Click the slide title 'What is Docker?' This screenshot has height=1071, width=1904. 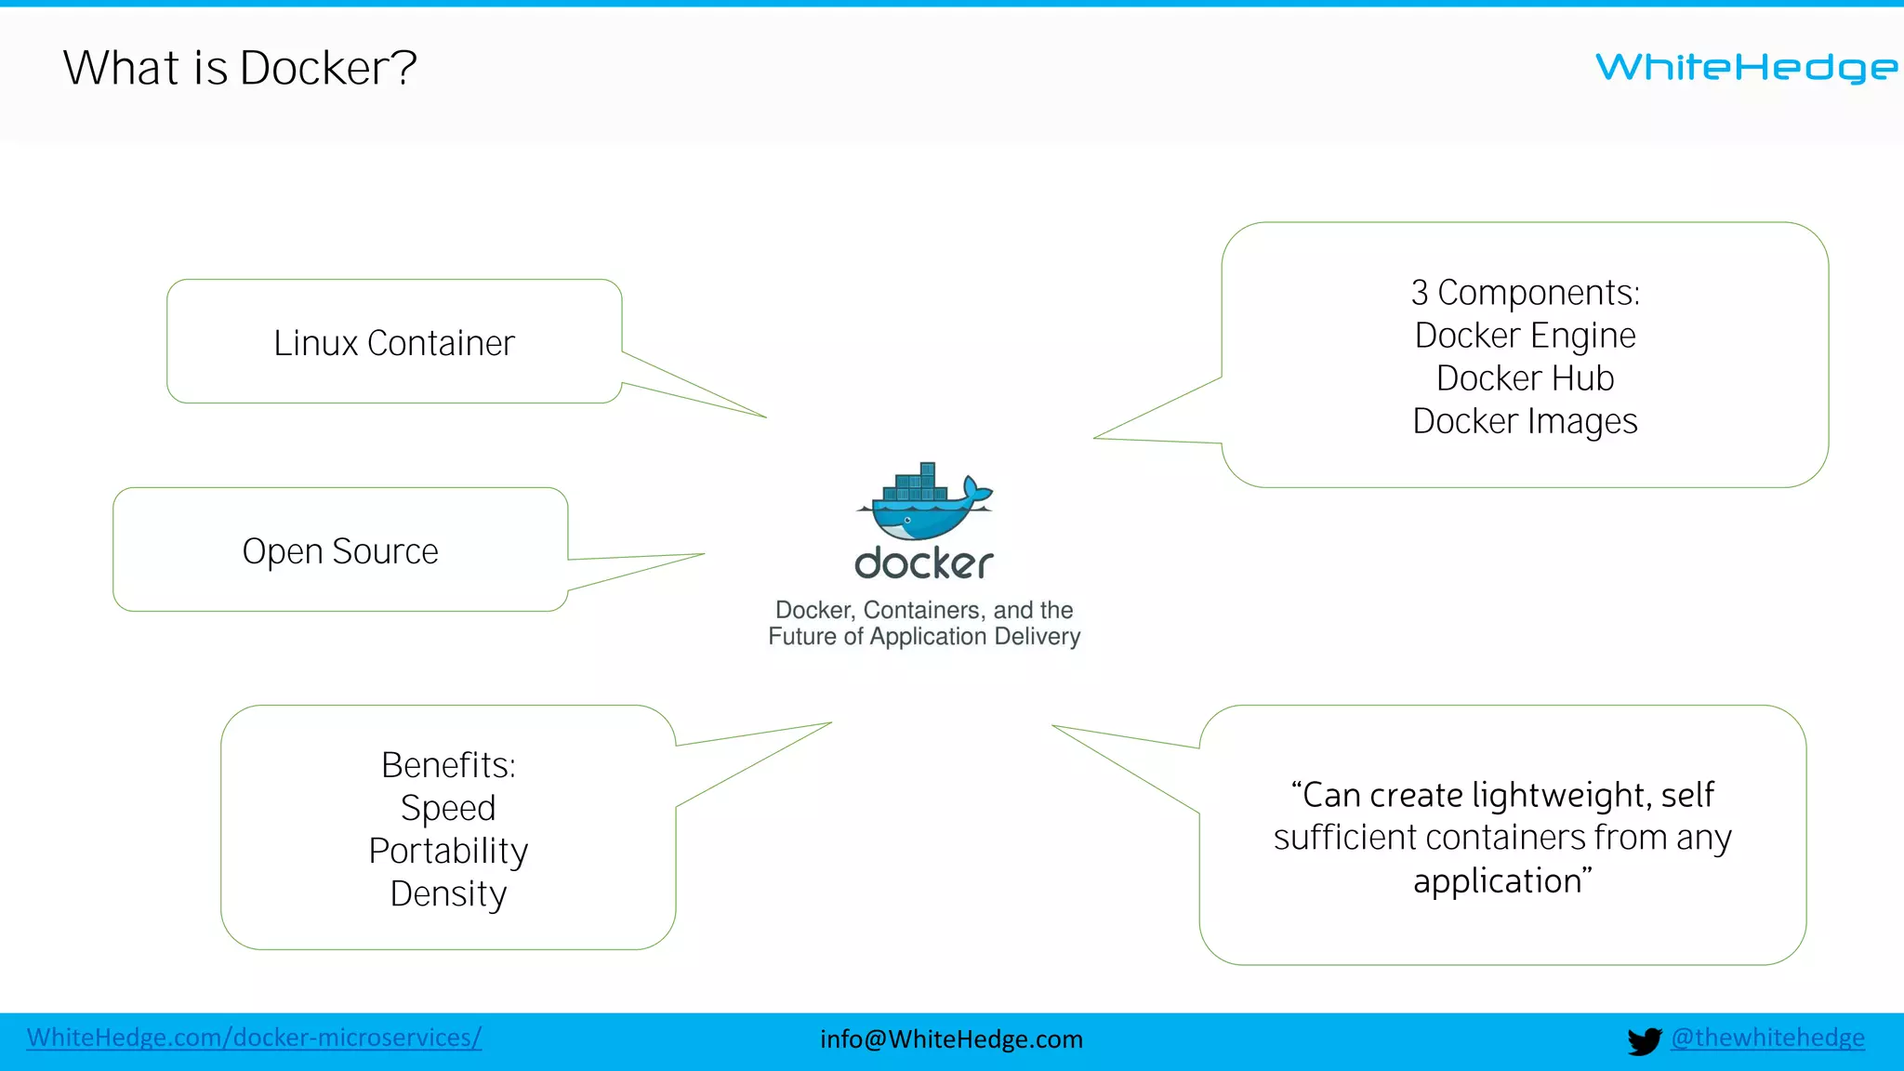[x=240, y=68]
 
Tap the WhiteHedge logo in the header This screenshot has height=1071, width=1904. [x=1746, y=67]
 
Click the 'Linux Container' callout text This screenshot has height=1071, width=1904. [x=393, y=343]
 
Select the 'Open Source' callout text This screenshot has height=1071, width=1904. [x=339, y=551]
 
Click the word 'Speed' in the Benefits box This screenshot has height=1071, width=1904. [x=448, y=808]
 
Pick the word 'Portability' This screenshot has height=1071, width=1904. [x=448, y=851]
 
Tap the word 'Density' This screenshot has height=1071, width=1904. [x=448, y=893]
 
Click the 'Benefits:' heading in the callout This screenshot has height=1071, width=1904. [x=448, y=765]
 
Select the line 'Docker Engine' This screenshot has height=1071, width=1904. [x=1525, y=336]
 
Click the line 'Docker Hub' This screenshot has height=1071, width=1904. [x=1525, y=378]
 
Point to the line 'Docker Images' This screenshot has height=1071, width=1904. [x=1525, y=421]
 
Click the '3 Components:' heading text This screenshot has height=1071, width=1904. [x=1525, y=293]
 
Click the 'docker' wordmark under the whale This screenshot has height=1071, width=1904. [x=924, y=563]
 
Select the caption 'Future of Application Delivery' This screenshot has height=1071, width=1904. [x=924, y=637]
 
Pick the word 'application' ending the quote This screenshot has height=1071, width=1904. [x=1496, y=880]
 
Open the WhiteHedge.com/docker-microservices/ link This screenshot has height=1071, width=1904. [x=254, y=1038]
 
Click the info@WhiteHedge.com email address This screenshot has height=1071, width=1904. [x=951, y=1039]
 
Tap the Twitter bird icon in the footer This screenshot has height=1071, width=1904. [x=1644, y=1040]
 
